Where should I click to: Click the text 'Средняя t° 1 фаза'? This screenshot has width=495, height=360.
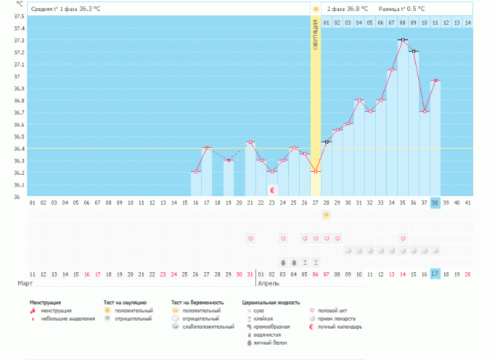[55, 9]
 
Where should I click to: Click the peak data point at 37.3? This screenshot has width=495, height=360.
[403, 40]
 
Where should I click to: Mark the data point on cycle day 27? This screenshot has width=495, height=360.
[316, 172]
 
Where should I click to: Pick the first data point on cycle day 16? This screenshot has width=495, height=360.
[196, 172]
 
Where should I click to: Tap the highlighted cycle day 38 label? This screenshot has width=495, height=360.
[435, 203]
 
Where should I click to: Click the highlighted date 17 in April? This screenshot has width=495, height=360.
[435, 274]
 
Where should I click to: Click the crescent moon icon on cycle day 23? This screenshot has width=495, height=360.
[273, 190]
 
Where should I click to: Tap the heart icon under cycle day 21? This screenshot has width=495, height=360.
[251, 239]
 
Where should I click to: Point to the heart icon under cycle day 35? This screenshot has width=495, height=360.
[403, 239]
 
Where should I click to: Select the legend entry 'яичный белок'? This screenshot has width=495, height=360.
[268, 342]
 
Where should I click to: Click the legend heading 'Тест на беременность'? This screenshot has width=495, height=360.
[197, 301]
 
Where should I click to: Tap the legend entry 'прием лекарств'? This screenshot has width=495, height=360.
[338, 318]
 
